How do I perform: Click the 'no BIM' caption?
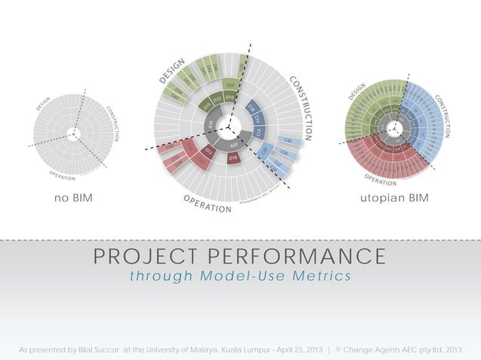point(78,198)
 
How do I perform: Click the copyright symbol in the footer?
point(339,349)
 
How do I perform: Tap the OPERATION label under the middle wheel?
point(207,203)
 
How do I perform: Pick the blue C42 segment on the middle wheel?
point(289,141)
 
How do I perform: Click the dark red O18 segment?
point(234,157)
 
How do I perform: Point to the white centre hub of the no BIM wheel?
point(72,134)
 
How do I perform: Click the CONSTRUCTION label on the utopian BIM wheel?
point(443,115)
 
